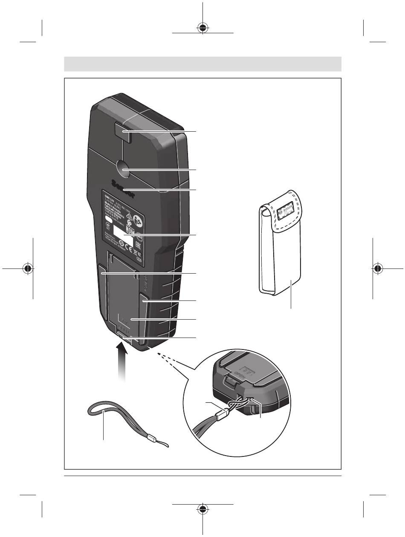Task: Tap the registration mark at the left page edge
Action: pyautogui.click(x=28, y=269)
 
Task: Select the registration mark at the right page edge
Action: pyautogui.click(x=377, y=269)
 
